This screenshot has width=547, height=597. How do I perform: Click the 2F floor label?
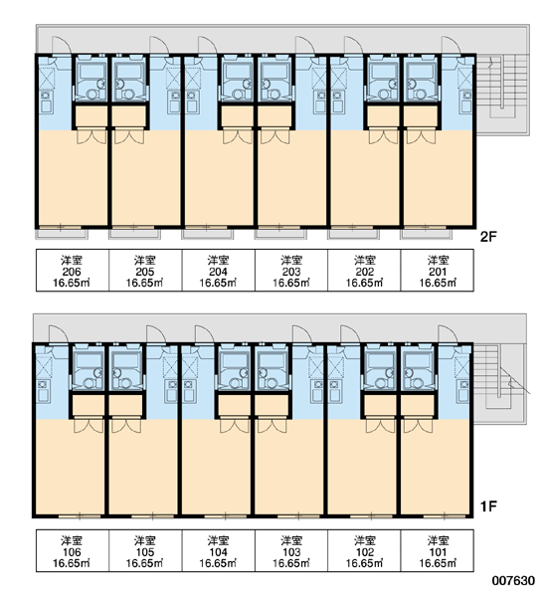488,237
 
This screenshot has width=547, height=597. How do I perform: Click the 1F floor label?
488,506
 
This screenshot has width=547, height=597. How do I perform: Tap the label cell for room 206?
73,271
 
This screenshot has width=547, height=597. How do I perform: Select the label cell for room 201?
438,271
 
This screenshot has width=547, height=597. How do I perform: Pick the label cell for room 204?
219,271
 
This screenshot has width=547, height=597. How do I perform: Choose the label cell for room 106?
73,550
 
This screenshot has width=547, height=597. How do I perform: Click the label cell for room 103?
291,550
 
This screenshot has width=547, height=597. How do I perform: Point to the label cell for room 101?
438,550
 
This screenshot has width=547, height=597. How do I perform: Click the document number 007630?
513,581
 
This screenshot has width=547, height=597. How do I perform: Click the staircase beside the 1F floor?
500,384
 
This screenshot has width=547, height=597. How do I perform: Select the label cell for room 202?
364,271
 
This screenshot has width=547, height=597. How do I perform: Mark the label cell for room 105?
145,550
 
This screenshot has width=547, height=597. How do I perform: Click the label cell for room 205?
145,271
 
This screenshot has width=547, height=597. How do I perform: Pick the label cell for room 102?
364,550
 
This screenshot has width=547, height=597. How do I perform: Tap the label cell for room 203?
291,271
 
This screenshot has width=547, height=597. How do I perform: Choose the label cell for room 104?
219,550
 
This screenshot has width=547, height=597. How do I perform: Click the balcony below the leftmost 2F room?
62,234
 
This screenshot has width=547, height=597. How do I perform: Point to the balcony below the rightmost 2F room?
426,234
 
